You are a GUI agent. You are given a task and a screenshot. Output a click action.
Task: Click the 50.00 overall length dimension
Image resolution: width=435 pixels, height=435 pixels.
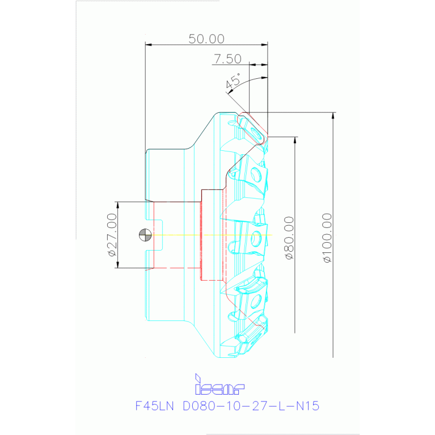pos(206,39)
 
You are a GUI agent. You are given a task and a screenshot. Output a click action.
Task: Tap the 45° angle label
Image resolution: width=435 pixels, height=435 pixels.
pos(233,82)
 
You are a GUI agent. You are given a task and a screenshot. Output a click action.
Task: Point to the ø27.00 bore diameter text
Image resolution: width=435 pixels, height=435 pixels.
pos(112,235)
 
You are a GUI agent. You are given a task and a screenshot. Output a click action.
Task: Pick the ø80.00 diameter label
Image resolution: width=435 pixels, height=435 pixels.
pos(289,238)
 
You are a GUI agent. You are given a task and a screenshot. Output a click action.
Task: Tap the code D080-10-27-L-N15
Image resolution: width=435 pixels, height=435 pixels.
pos(251,406)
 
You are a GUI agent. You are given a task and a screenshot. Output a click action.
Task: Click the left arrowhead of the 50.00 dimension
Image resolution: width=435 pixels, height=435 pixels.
pos(149,45)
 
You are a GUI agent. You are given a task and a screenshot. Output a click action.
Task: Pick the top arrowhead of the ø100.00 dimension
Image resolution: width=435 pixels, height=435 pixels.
pos(332,116)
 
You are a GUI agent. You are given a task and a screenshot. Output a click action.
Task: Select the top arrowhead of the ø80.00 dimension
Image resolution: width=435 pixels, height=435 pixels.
pos(295,141)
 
